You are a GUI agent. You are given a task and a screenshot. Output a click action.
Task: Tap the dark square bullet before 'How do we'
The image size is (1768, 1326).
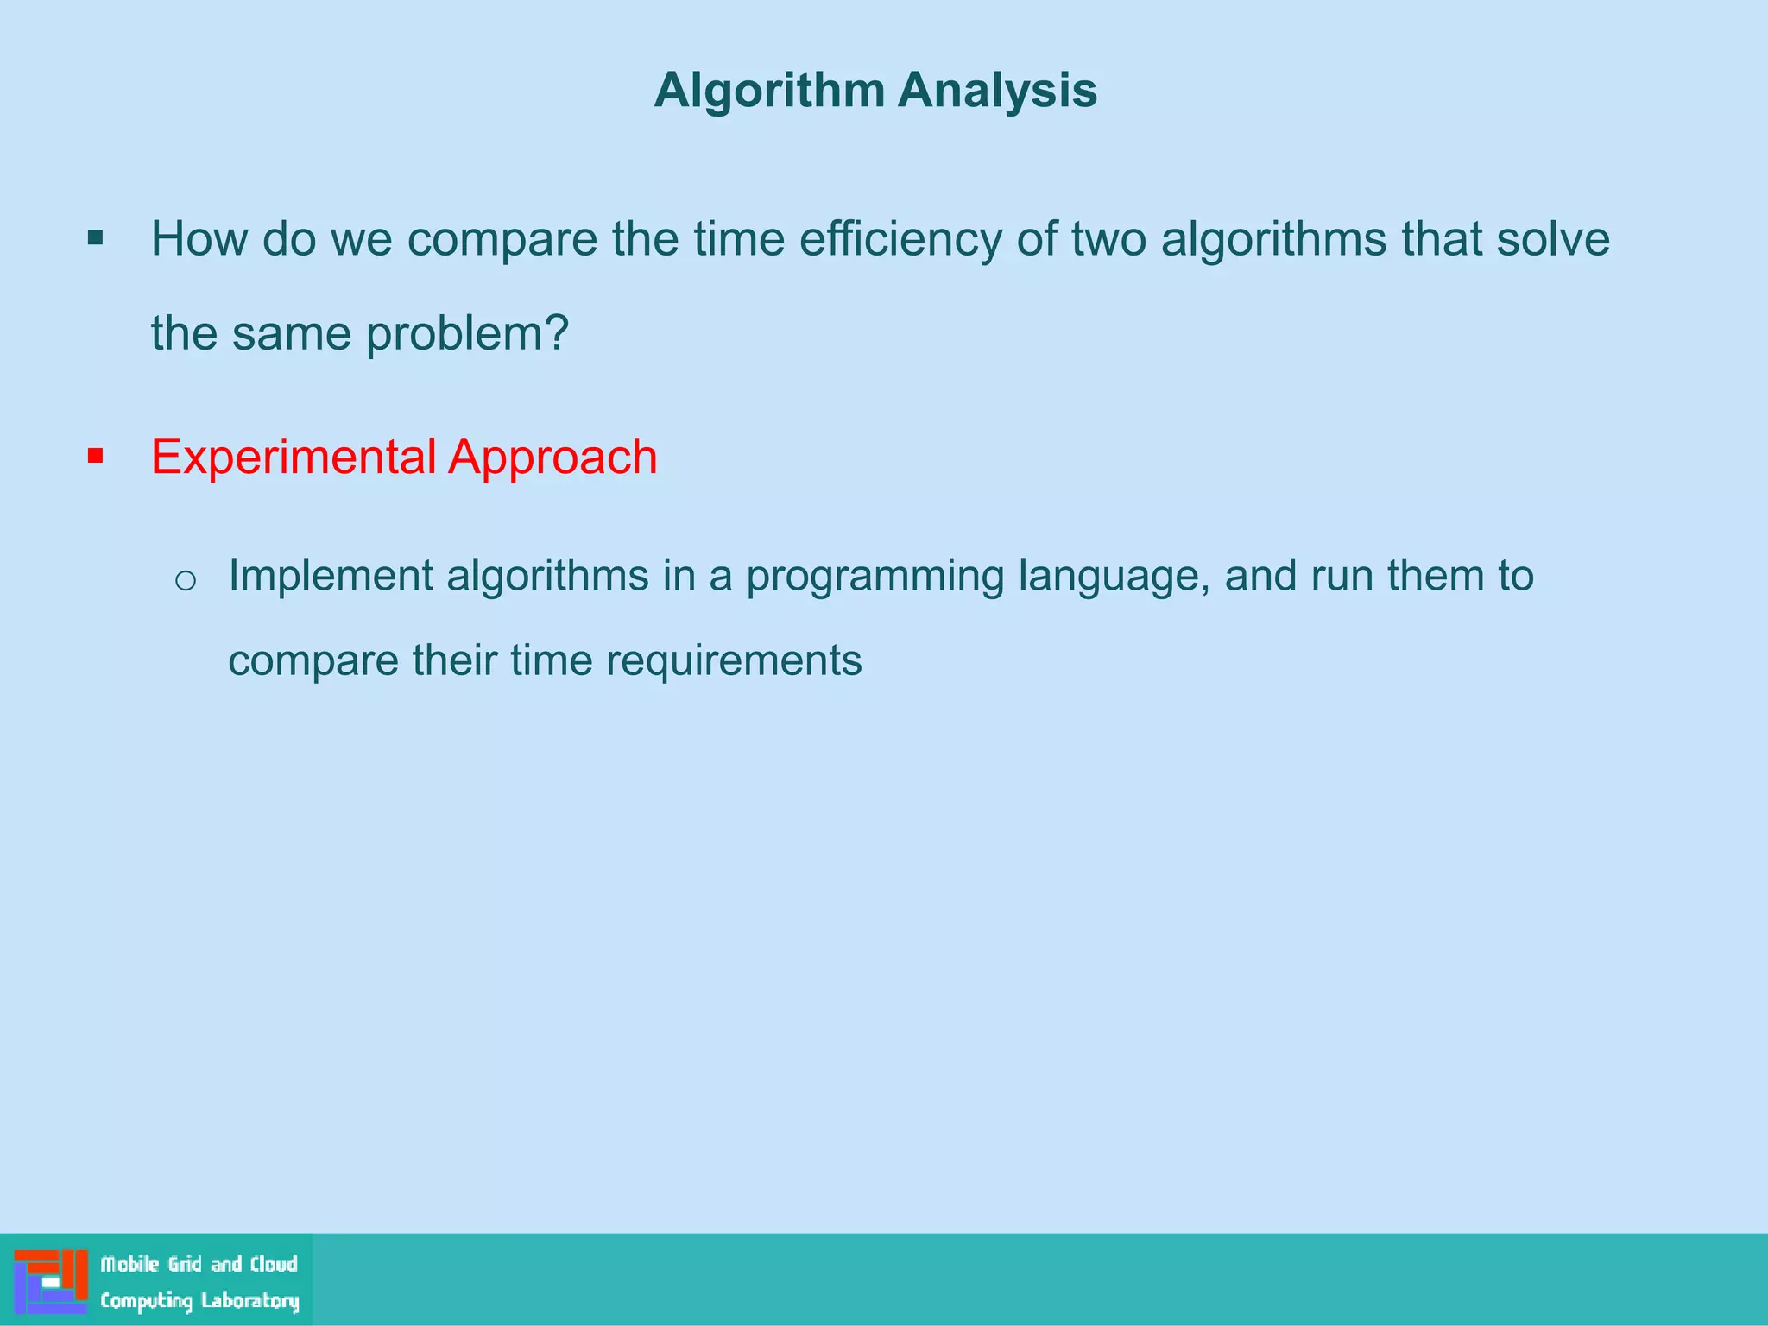pos(96,238)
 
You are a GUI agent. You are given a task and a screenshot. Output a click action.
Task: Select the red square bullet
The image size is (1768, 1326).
pos(96,456)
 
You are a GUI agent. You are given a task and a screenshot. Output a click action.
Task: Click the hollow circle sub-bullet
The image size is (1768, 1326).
pos(186,580)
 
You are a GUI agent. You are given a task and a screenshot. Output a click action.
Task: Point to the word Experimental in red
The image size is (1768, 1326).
pos(294,457)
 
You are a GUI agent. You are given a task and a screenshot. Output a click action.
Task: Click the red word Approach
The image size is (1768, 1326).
pos(552,457)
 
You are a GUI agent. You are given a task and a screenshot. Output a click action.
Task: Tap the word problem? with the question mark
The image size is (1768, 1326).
pos(467,333)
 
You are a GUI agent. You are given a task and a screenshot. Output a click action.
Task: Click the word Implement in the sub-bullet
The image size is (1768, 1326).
pos(330,576)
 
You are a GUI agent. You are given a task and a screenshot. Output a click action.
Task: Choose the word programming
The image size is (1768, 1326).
pos(875,577)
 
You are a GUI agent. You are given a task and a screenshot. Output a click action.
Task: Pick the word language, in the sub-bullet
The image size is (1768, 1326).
pos(1114,577)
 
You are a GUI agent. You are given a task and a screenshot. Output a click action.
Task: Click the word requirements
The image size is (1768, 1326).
pos(733,660)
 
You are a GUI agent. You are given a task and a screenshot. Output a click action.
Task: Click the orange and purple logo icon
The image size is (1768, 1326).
pos(51,1281)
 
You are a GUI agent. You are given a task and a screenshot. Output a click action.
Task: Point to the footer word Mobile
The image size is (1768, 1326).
pos(129,1265)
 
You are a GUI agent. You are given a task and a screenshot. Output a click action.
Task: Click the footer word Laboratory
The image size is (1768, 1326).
pos(250,1301)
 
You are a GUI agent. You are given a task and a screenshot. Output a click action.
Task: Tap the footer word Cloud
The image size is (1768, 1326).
pos(274,1265)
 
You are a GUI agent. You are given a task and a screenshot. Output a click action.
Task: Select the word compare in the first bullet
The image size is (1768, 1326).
pos(502,241)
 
